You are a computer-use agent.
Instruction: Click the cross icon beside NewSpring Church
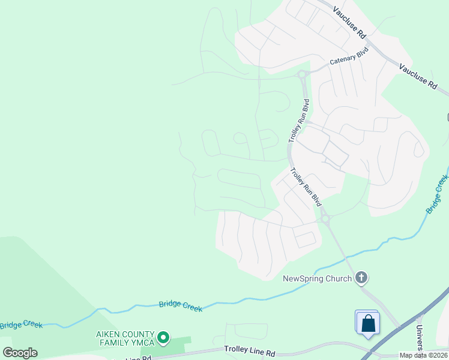coord(361,277)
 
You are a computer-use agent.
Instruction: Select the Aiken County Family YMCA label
coord(125,338)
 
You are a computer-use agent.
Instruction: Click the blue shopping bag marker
coord(367,323)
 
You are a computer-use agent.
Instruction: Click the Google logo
coord(20,353)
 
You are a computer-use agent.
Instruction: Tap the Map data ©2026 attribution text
coord(424,355)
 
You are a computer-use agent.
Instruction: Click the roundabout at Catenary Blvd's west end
coord(302,74)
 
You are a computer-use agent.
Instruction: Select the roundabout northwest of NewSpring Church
coord(325,220)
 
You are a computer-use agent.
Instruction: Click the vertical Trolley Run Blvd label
coord(299,120)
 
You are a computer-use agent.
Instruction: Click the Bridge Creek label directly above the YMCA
coord(181,305)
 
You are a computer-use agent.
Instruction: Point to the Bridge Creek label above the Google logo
coord(21,325)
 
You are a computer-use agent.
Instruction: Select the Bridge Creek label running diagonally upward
coord(437,193)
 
